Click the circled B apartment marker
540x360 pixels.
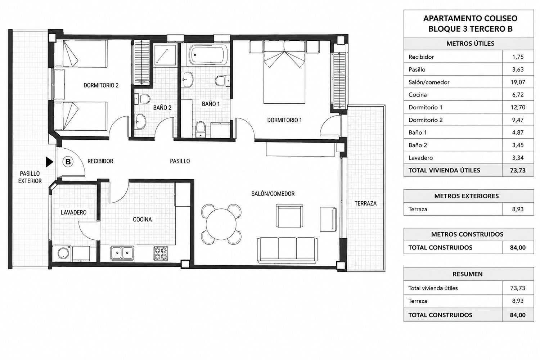click(x=68, y=162)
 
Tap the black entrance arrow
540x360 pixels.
click(x=49, y=162)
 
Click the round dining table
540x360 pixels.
click(x=221, y=224)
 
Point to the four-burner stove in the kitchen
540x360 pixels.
click(x=161, y=253)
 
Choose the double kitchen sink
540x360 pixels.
click(x=122, y=253)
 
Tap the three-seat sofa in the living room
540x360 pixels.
click(x=287, y=250)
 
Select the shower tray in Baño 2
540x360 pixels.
click(x=165, y=55)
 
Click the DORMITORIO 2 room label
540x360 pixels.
click(x=101, y=85)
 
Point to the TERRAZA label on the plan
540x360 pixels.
click(x=365, y=203)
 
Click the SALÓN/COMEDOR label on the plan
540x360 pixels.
click(x=273, y=194)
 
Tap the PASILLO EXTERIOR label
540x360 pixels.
click(x=30, y=177)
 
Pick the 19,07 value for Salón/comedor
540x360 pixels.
click(x=518, y=82)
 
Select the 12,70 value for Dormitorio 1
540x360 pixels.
click(x=518, y=107)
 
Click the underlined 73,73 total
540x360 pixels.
click(x=518, y=171)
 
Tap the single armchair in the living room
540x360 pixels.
click(x=289, y=216)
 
